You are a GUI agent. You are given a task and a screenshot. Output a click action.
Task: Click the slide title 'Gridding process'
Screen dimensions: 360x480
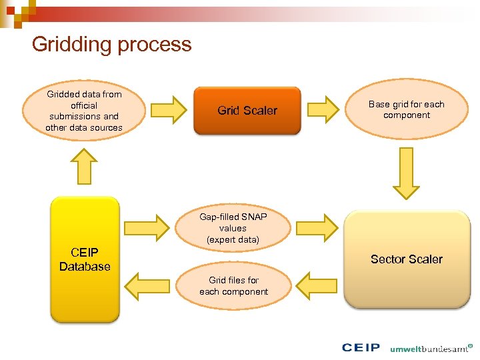(x=111, y=44)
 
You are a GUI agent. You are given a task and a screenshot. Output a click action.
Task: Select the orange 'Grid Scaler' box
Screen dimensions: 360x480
(x=247, y=111)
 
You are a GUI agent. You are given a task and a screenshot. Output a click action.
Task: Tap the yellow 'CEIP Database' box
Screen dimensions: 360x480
(x=85, y=259)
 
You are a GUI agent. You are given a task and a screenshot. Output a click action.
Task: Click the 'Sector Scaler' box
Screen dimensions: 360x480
(x=406, y=259)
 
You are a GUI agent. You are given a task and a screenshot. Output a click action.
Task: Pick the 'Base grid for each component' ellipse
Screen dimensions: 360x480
(x=406, y=110)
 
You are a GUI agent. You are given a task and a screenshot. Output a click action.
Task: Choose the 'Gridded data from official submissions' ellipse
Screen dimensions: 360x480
(x=84, y=111)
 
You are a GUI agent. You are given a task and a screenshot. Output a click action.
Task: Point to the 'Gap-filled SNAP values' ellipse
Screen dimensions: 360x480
(x=233, y=228)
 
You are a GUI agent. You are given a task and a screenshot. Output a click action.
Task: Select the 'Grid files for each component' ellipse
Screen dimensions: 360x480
(x=233, y=286)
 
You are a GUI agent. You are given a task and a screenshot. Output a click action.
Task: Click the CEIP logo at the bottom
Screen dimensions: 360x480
(x=361, y=348)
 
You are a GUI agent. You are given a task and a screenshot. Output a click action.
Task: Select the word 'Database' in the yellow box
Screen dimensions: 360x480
(x=85, y=267)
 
